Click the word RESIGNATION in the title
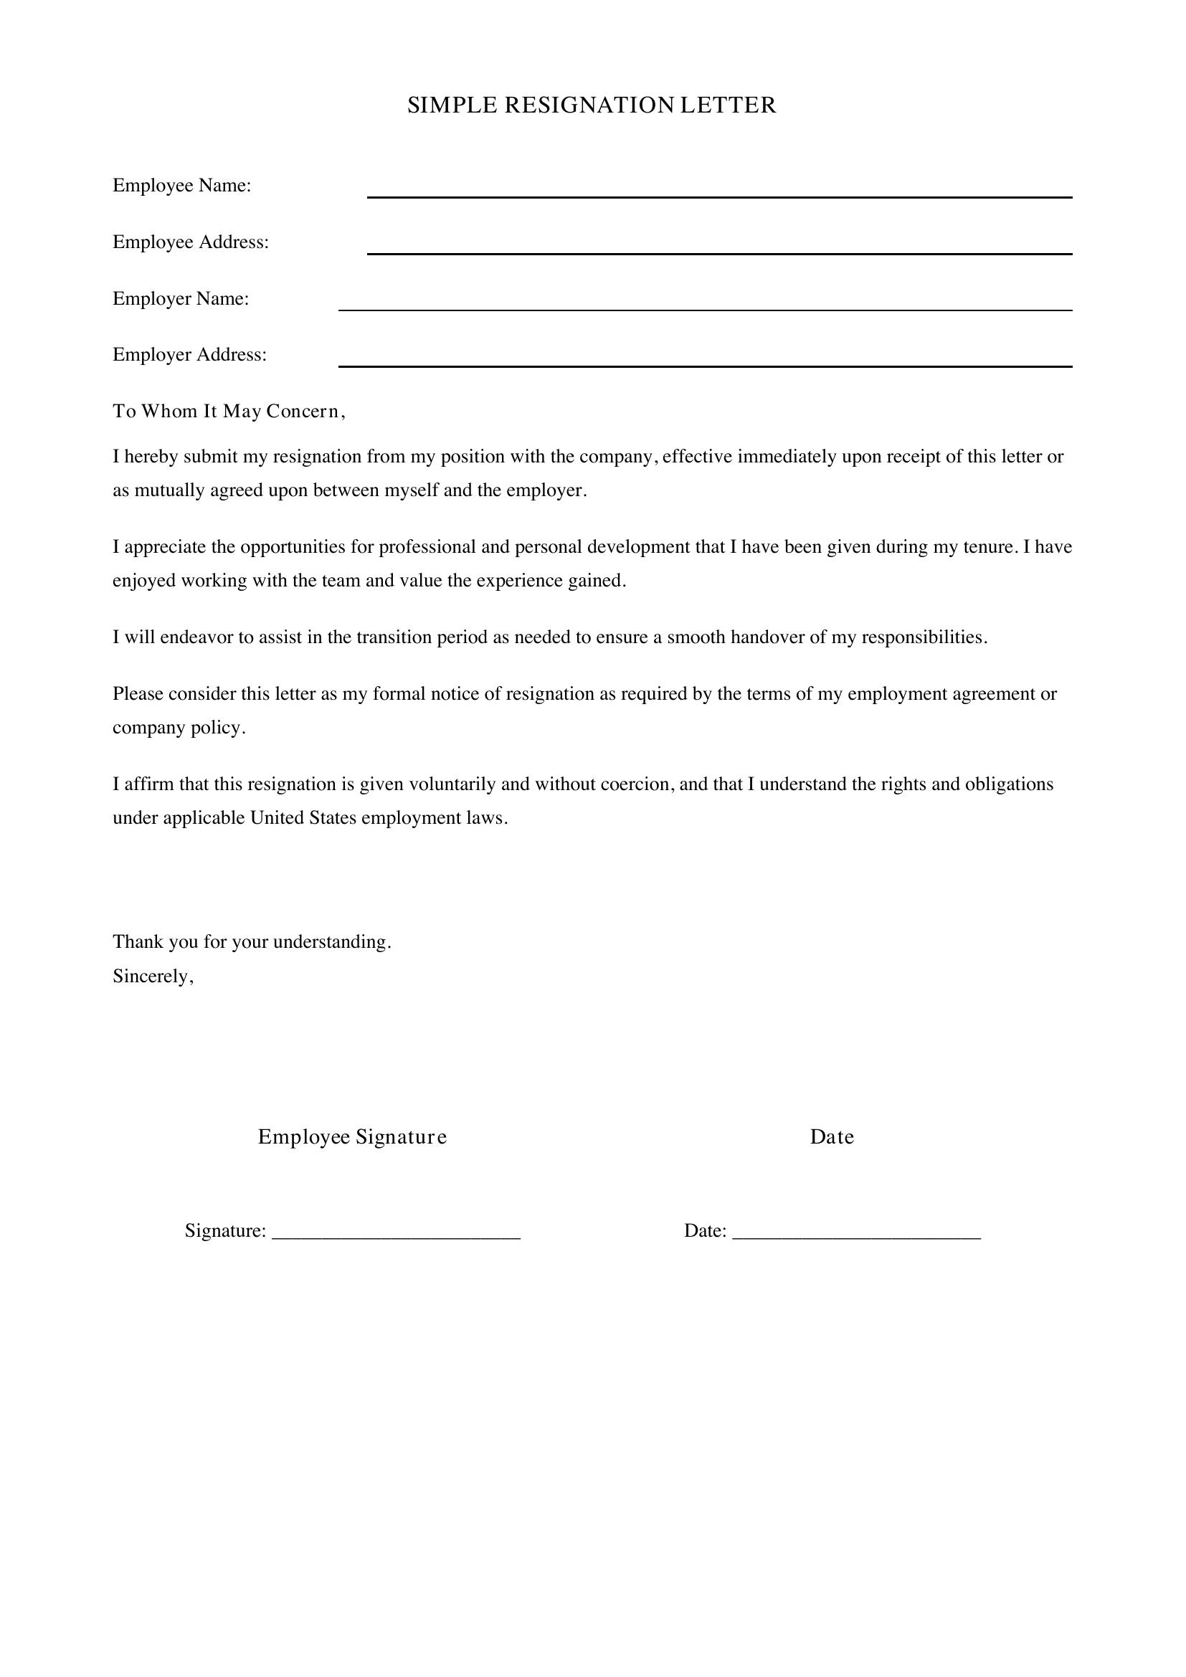[x=589, y=106]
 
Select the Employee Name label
[x=182, y=186]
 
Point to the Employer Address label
[x=190, y=355]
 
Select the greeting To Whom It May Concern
[x=228, y=412]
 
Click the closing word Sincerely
[x=153, y=977]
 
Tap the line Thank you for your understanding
[x=252, y=942]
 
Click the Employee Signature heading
[x=352, y=1137]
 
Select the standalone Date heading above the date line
[x=831, y=1137]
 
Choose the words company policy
[x=179, y=728]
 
